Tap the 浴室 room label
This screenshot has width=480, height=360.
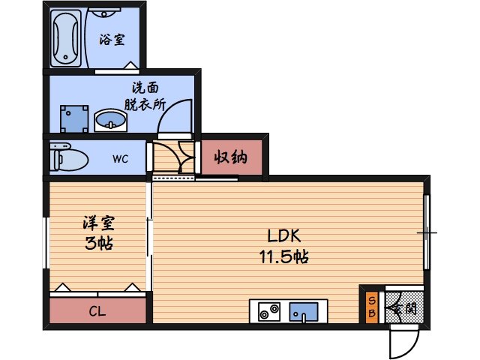pyautogui.click(x=112, y=39)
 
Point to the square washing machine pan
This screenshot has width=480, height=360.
pyautogui.click(x=73, y=117)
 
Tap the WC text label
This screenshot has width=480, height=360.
pyautogui.click(x=121, y=159)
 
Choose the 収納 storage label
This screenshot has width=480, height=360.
pyautogui.click(x=231, y=157)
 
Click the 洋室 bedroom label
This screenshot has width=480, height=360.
pyautogui.click(x=99, y=223)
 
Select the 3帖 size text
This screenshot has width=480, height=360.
pyautogui.click(x=99, y=243)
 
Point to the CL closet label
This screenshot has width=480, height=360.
pyautogui.click(x=97, y=311)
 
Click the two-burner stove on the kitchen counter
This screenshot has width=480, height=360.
pyautogui.click(x=269, y=311)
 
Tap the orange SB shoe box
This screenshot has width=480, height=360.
pyautogui.click(x=371, y=307)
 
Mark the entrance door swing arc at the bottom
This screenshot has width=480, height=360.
pyautogui.click(x=403, y=342)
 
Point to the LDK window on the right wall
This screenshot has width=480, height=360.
pyautogui.click(x=427, y=232)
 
